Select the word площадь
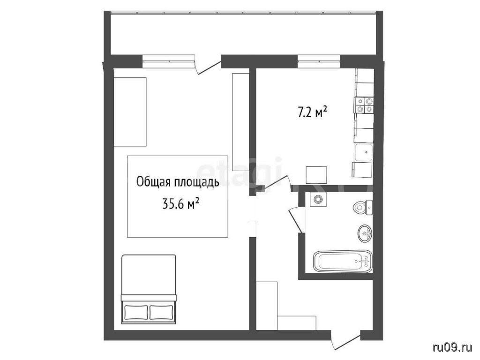point(196,182)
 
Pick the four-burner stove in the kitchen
point(364,105)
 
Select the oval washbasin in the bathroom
point(364,233)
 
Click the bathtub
point(343,261)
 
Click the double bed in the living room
point(149,289)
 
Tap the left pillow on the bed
point(136,312)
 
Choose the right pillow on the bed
point(161,312)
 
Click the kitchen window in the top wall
point(319,61)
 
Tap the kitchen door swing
point(275,183)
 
